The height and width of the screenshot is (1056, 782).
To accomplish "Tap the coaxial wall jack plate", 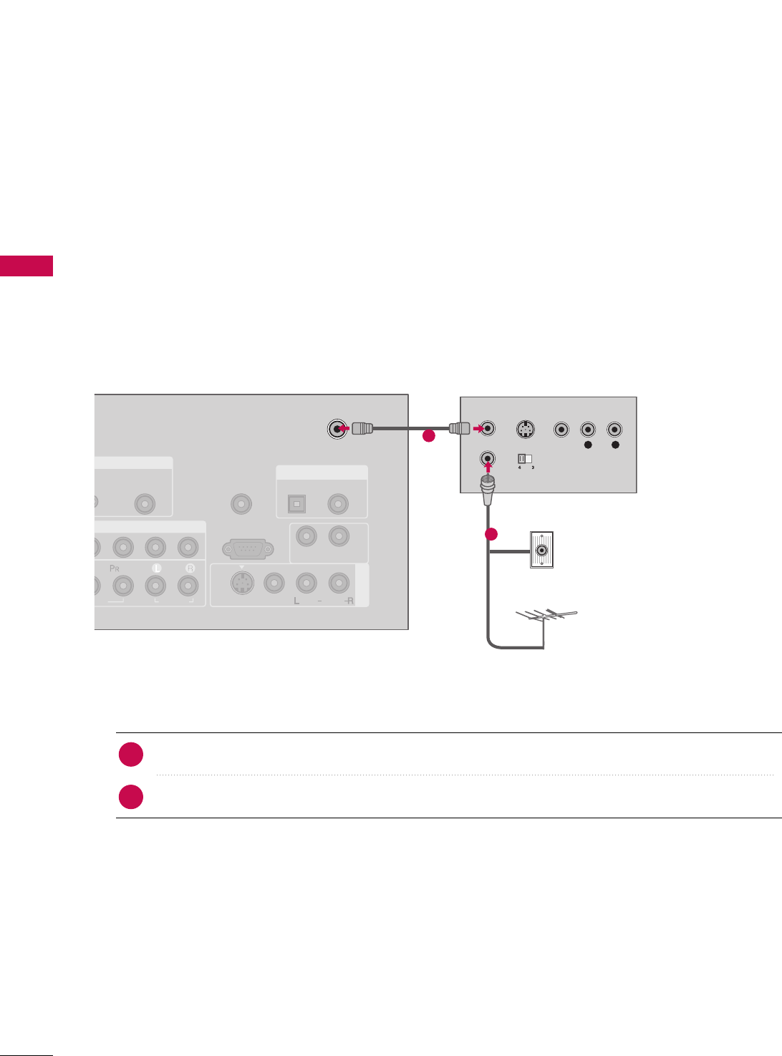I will [541, 551].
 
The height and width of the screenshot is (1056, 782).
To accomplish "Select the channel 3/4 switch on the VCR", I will [525, 457].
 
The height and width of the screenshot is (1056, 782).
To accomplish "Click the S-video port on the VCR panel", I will [526, 430].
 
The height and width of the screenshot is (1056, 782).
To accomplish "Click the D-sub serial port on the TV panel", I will [247, 549].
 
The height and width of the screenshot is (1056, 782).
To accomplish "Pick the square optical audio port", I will [296, 504].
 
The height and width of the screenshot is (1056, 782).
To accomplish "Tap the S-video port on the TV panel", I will [242, 583].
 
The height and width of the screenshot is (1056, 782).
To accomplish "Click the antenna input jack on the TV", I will [337, 429].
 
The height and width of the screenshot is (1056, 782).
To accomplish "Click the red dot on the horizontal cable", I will [428, 435].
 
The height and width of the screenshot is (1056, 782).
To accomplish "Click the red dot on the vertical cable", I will [491, 534].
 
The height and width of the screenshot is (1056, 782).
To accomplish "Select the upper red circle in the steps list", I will [131, 755].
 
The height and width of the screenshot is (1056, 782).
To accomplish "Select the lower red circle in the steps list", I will [131, 797].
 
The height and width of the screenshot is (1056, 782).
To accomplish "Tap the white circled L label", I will [157, 568].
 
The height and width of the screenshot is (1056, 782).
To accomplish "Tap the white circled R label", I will [190, 568].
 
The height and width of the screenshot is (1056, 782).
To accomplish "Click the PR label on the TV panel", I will [114, 568].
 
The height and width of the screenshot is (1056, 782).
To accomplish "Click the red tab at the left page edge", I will [26, 266].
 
